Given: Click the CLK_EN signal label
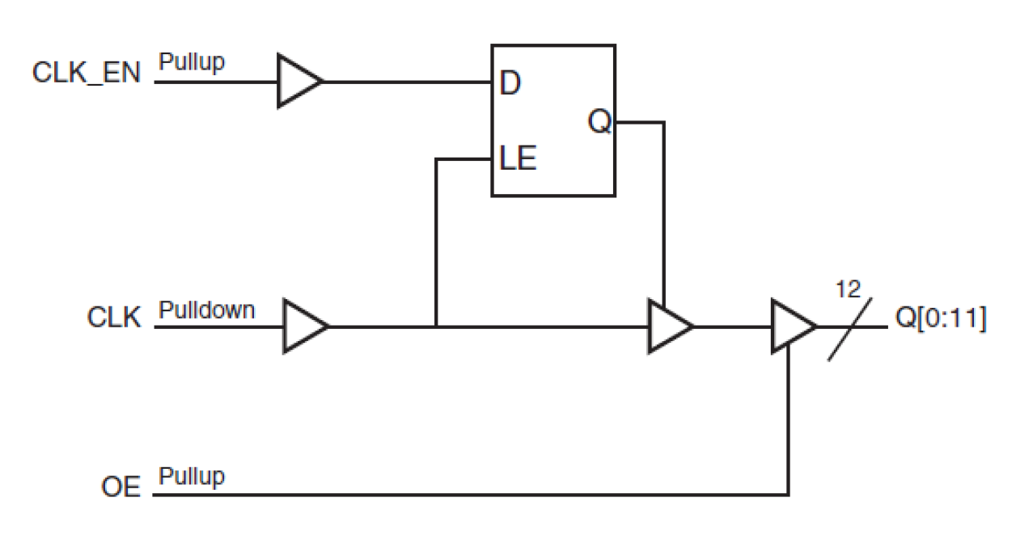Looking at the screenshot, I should [x=86, y=74].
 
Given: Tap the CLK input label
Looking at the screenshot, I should [x=113, y=317].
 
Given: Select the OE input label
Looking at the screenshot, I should [x=121, y=487].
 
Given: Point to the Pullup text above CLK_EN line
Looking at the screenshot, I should [x=192, y=61].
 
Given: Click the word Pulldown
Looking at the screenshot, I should [x=206, y=310].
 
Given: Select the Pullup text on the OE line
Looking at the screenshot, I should [x=192, y=476].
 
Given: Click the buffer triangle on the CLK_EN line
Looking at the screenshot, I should [x=298, y=81].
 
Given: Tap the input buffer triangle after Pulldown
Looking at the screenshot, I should [x=303, y=327].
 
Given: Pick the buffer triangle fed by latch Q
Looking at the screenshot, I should [x=668, y=327].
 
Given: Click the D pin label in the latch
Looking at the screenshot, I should [x=510, y=83].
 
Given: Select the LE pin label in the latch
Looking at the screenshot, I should [x=518, y=158].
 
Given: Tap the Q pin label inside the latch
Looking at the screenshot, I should [x=599, y=124].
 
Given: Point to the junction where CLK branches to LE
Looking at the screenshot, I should [x=436, y=327].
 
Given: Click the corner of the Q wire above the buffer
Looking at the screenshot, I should [x=664, y=123].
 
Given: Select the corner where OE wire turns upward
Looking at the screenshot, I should [x=789, y=494].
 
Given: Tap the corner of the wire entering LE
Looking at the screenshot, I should [x=436, y=159].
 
